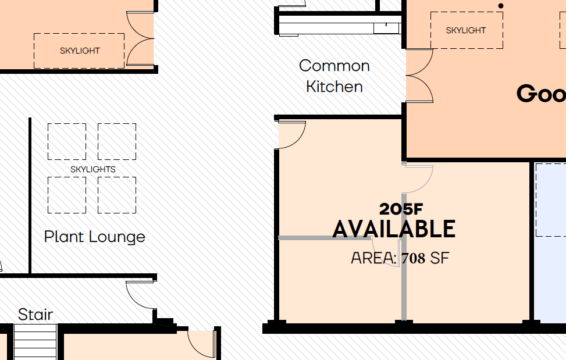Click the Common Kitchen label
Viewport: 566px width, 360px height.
334,76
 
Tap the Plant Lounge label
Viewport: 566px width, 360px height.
95,237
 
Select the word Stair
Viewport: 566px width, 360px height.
35,315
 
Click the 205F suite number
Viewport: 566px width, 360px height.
401,209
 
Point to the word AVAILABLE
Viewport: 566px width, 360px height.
394,229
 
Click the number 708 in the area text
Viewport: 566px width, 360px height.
413,258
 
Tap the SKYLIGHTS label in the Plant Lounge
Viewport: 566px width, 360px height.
92,169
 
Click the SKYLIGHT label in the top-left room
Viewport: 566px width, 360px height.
80,51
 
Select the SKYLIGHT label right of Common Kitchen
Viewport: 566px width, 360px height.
465,30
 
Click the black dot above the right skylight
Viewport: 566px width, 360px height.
501,6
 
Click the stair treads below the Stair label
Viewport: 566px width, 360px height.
35,342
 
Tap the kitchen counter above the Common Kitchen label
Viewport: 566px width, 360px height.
339,28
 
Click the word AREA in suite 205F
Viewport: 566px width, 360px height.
374,258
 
